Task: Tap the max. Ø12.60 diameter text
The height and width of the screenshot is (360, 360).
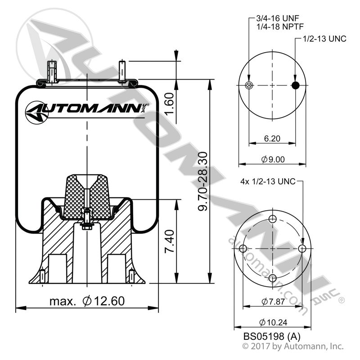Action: (87, 300)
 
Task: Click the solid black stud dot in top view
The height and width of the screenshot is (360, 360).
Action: (295, 86)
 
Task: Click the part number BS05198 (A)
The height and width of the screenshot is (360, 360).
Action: (272, 336)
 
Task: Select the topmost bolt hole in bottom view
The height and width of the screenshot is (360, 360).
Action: (272, 219)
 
